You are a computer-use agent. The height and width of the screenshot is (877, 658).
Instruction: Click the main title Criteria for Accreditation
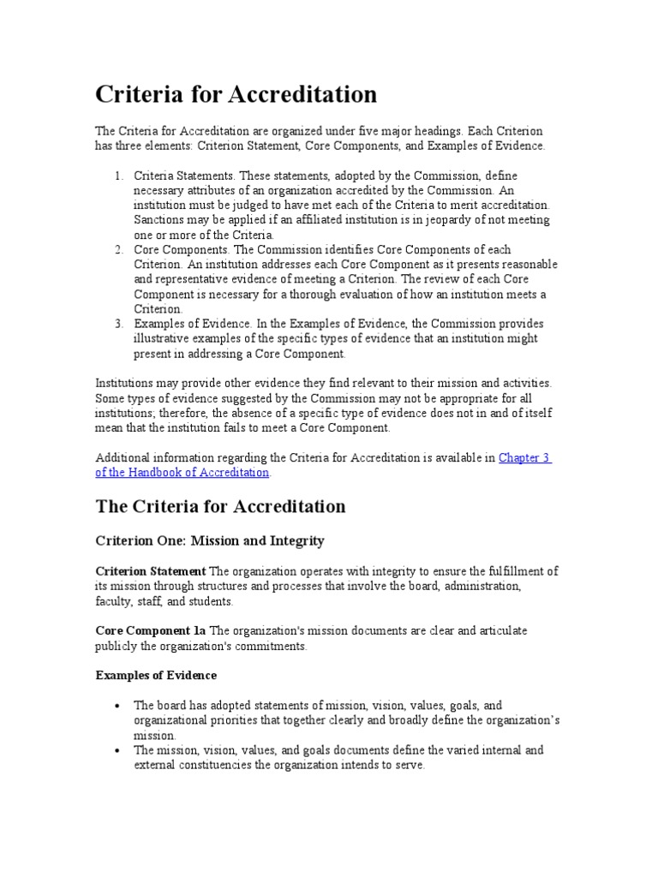point(236,93)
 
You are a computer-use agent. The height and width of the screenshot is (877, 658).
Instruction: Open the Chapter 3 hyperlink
point(524,458)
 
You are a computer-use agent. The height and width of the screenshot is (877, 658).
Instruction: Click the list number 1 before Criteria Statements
point(117,176)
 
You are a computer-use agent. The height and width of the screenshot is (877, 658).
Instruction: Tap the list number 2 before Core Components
point(117,249)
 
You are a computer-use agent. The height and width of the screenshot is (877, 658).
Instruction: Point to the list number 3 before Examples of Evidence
point(117,324)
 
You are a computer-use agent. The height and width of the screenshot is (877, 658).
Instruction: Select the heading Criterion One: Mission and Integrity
point(210,541)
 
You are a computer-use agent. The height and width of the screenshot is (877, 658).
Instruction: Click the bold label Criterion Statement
point(150,571)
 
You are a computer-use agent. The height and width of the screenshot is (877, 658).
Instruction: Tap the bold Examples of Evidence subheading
point(155,675)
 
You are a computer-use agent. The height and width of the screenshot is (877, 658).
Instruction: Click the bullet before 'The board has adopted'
point(117,705)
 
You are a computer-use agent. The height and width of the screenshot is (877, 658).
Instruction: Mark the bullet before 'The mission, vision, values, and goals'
point(117,750)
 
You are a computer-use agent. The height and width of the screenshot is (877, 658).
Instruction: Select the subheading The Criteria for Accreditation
point(220,506)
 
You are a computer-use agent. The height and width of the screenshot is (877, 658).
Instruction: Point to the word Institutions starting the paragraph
point(125,384)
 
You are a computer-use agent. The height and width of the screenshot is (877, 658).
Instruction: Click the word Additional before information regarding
point(122,458)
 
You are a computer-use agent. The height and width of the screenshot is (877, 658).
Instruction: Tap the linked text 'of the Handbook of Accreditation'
point(182,473)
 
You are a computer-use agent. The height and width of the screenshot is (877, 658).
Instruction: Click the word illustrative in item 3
point(162,338)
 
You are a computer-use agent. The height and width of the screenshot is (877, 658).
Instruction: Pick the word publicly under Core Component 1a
point(117,646)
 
